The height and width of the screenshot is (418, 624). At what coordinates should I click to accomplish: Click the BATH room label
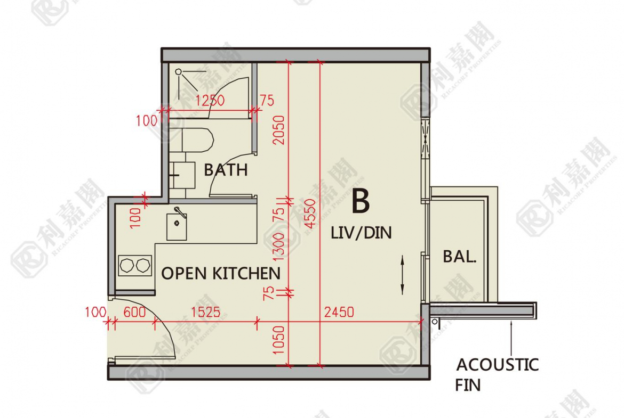coord(226,170)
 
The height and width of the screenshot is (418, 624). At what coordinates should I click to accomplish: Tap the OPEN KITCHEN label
coord(221,273)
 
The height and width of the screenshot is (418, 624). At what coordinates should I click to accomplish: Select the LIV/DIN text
coord(362,233)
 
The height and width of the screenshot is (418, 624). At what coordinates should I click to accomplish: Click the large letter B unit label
coord(361,201)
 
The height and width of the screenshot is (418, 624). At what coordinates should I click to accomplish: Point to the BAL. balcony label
coord(460,257)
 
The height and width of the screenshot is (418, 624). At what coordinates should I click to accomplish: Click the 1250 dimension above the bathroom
coord(210,101)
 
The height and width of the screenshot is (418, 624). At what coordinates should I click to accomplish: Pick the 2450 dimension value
coord(339,312)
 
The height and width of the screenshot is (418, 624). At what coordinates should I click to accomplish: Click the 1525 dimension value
coord(205,312)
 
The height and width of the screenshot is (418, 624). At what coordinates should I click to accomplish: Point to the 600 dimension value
coord(134,312)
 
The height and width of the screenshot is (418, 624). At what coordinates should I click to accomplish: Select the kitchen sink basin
coord(177,226)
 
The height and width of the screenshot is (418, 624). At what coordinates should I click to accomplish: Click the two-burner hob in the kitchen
coord(135,265)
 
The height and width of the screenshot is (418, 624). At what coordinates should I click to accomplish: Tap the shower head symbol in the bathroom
coord(179,72)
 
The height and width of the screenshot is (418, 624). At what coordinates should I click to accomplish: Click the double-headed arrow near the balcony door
coord(402,275)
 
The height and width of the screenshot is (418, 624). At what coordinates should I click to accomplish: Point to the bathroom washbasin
coord(182,175)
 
